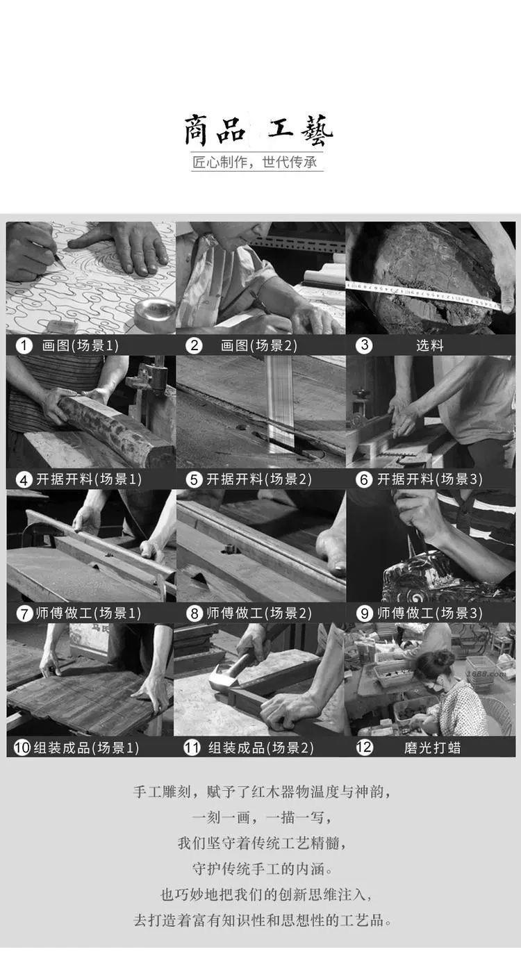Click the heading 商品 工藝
[258, 130]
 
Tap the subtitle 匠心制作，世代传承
[254, 162]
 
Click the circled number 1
[24, 345]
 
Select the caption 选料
[429, 345]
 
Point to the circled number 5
[194, 479]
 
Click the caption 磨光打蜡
[432, 748]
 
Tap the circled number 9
[364, 614]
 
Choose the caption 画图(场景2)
[259, 345]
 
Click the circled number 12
[364, 747]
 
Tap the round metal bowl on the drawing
[154, 315]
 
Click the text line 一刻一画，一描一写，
[261, 817]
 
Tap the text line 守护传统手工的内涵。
[262, 869]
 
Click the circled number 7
[24, 614]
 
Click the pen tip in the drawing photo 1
[65, 269]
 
